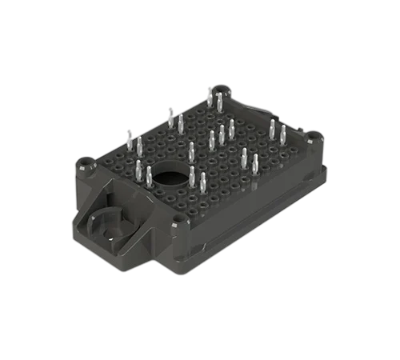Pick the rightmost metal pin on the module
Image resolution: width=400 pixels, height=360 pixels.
click(282, 134)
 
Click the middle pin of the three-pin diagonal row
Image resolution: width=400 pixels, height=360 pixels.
click(222, 134)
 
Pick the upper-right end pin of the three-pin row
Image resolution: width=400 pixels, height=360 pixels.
click(231, 129)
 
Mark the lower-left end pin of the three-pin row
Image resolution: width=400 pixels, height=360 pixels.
click(212, 140)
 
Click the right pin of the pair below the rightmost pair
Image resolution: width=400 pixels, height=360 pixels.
click(254, 163)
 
